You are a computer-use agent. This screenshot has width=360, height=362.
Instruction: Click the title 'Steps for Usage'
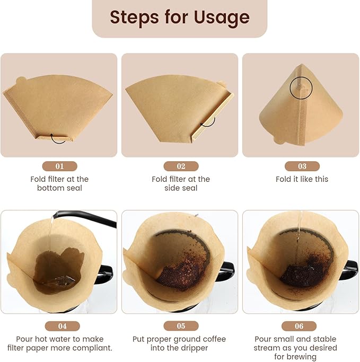pyautogui.click(x=180, y=17)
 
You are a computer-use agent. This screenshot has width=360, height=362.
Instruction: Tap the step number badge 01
pyautogui.click(x=59, y=166)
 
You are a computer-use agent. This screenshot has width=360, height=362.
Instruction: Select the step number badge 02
pyautogui.click(x=181, y=166)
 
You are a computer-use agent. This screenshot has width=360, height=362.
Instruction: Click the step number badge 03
pyautogui.click(x=302, y=166)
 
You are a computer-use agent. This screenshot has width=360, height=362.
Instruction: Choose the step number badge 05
pyautogui.click(x=181, y=326)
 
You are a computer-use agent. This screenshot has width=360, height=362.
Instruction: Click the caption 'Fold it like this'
pyautogui.click(x=302, y=179)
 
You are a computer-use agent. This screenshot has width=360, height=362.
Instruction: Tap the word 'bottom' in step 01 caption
pyautogui.click(x=50, y=188)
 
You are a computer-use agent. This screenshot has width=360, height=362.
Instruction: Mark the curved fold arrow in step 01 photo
pyautogui.click(x=58, y=138)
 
